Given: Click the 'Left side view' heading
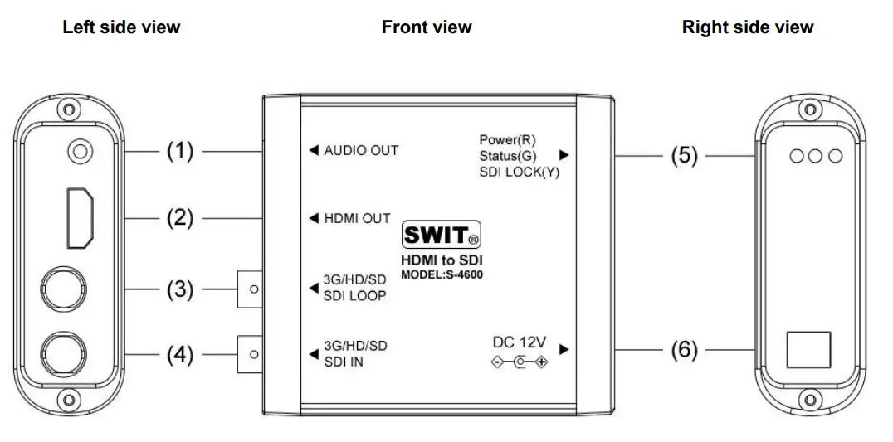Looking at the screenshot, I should [x=121, y=27].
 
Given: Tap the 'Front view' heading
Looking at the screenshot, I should [x=427, y=27].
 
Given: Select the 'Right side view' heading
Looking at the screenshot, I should [x=748, y=27].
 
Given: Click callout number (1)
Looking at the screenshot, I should [x=180, y=151].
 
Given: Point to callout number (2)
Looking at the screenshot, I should [x=180, y=219].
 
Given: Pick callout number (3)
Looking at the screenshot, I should [x=180, y=290].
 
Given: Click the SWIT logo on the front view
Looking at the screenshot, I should [x=441, y=236].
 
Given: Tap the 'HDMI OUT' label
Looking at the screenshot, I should [x=357, y=219].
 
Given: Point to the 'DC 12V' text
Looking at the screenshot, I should [x=520, y=342].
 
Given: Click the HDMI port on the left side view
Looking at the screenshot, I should [x=80, y=216].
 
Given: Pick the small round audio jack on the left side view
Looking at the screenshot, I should [x=80, y=152].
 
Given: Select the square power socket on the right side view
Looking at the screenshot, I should [x=808, y=349].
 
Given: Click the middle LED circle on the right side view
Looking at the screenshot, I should [x=817, y=156].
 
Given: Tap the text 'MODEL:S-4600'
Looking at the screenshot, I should [x=441, y=274].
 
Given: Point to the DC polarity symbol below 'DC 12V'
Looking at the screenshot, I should [x=520, y=362].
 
